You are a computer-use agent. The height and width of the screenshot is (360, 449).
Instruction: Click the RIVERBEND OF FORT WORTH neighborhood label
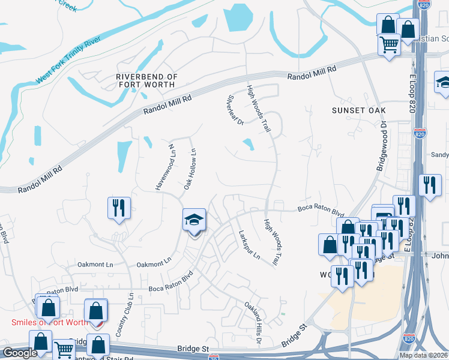146,80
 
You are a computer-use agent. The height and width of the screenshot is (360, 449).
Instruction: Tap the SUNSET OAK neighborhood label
358,111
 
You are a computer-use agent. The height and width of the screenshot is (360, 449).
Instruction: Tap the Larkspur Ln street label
249,245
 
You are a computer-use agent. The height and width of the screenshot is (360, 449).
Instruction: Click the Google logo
20,353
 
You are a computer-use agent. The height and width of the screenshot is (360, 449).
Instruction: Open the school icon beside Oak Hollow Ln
194,222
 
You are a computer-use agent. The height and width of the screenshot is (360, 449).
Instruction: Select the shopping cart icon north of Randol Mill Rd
389,44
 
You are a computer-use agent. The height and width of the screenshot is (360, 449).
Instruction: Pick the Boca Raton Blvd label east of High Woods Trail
321,211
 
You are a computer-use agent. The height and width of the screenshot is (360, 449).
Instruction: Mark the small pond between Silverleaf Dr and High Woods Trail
247,143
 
